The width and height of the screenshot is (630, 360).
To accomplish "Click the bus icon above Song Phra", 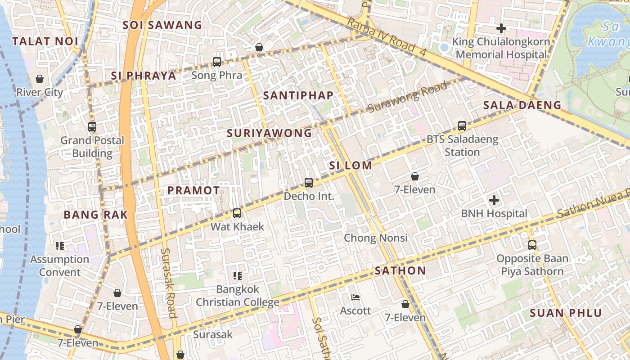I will pos(217,62).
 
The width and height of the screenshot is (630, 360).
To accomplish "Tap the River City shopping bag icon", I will pos(40,79).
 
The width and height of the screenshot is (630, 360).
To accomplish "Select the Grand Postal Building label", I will pos(92,147).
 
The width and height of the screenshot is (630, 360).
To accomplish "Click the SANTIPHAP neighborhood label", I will pos(298,95).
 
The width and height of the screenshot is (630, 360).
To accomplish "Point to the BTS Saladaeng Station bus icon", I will pos(462,126).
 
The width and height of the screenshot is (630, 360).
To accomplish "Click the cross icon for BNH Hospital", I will pos(494,200).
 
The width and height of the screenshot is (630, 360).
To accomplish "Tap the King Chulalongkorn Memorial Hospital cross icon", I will pos(501,28).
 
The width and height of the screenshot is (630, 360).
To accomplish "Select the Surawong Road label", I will pos(408,97).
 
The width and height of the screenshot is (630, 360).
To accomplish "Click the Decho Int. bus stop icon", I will pos(309,183).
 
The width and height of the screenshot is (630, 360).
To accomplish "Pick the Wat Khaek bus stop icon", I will pos(237,213).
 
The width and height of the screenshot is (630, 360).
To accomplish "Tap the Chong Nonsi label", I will pos(376,238).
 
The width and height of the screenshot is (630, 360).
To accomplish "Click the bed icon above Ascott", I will pos(355,297).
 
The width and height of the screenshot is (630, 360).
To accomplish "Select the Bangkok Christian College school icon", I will pos(238,275).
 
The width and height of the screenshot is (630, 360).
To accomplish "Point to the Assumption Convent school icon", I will pos(60,246).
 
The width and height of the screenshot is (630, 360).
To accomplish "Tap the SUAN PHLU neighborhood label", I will pos(566,313).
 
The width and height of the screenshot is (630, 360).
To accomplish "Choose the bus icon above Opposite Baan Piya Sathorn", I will pos(532,245).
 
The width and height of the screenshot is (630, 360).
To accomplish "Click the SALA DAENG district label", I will pos(522,105).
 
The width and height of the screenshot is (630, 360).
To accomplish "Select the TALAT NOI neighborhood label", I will pos(45,41).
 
